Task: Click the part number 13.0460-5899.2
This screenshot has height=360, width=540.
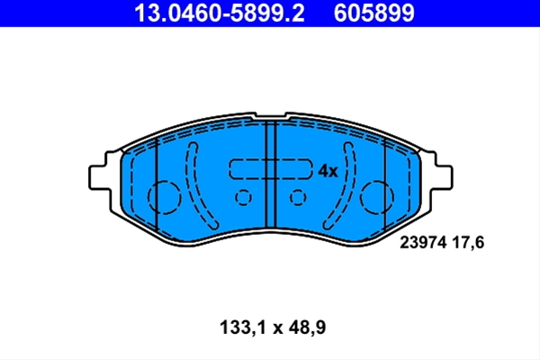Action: coord(220,13)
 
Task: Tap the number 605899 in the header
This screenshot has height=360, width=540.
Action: coord(374,13)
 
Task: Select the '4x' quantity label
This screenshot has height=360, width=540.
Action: coord(328,171)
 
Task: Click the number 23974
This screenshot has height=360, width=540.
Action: coord(423,242)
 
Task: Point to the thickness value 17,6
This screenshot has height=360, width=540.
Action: coord(468,243)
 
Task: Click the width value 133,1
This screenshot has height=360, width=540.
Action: coord(242,328)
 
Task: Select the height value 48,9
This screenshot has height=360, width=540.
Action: coord(307,328)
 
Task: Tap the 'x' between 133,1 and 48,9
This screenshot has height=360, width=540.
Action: coord(277,329)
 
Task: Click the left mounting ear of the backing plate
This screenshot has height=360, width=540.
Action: coord(101,177)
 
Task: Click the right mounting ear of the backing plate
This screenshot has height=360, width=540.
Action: coord(441,177)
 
